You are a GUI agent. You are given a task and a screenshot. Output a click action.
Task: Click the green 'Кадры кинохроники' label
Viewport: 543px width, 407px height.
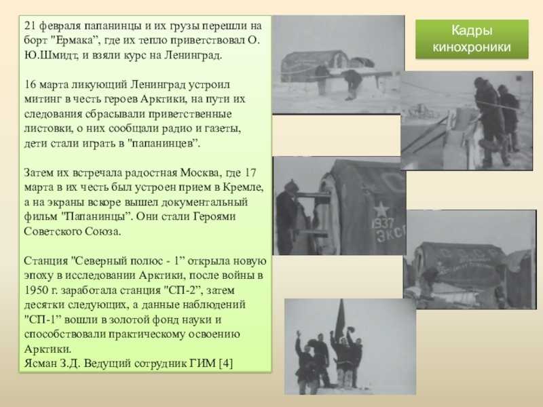click(x=472, y=39)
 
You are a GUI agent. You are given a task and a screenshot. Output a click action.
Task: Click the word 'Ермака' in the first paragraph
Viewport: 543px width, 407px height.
click(x=75, y=41)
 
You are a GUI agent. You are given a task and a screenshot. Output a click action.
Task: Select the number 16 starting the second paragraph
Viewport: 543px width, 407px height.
click(x=30, y=85)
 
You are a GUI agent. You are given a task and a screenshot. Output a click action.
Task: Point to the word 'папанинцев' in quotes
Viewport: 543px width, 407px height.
click(x=163, y=144)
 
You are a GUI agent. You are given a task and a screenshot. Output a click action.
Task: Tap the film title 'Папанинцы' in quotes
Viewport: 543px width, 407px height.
click(x=95, y=217)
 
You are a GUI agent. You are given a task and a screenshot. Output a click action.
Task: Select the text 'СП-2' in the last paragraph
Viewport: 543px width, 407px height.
click(x=182, y=290)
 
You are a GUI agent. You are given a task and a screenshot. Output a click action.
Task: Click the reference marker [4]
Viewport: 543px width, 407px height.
click(x=226, y=364)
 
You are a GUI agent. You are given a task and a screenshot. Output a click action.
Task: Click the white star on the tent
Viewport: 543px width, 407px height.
click(x=381, y=210)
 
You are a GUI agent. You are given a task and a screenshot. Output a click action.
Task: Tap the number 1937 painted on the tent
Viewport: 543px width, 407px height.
click(x=383, y=223)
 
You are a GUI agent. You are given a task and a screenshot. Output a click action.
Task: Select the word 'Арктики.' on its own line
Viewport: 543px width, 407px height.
click(x=48, y=349)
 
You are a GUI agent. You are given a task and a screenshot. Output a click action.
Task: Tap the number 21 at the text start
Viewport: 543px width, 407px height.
click(x=30, y=26)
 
